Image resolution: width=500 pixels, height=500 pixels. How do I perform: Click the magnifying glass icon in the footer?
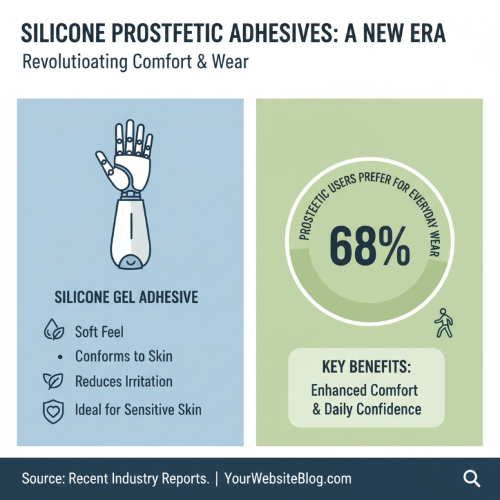pos(471,479)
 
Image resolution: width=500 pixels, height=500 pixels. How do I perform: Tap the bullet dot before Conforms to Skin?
pos(59,357)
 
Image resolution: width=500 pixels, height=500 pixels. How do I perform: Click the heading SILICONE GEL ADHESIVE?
pos(127,296)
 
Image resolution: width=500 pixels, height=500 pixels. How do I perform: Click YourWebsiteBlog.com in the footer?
pos(287,479)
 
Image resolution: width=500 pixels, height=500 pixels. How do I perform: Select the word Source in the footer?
pos(44,479)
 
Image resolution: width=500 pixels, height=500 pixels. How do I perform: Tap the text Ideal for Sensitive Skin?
pos(138,410)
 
